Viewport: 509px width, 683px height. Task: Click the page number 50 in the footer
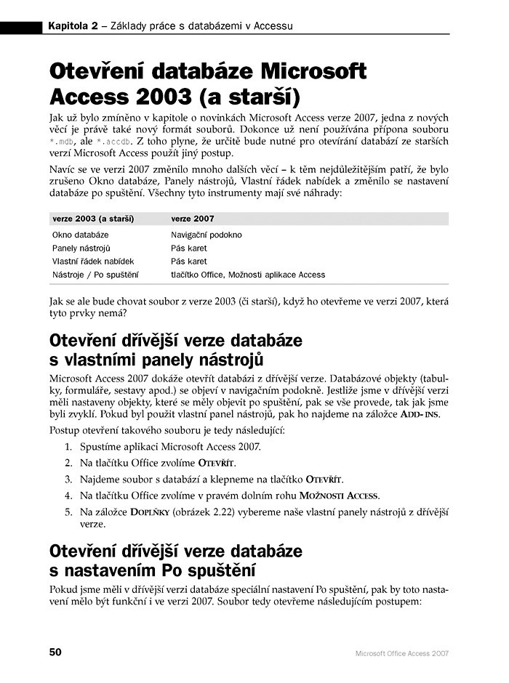click(55, 652)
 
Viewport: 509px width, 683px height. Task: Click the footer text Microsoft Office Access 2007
click(401, 653)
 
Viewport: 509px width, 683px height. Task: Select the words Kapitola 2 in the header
click(73, 27)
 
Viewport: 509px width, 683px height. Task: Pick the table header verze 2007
click(192, 219)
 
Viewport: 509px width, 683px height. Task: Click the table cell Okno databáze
click(81, 235)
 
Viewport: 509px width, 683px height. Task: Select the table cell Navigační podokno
click(207, 235)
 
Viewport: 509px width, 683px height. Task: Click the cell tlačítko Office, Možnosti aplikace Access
click(248, 275)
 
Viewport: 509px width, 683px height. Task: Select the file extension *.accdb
click(116, 141)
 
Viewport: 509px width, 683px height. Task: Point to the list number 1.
click(68, 447)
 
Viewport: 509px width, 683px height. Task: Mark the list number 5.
click(68, 512)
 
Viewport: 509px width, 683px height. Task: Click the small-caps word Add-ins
click(421, 413)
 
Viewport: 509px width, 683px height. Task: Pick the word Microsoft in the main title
click(313, 73)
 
